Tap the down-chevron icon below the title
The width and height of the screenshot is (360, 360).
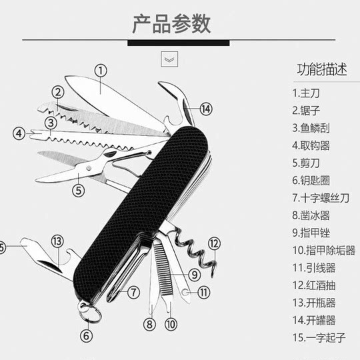tap(169, 59)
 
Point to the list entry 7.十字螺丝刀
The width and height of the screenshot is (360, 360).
tap(321, 198)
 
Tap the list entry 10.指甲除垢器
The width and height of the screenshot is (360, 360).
tap(323, 251)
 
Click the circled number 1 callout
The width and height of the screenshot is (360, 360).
tap(100, 69)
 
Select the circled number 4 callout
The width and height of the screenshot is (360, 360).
tap(19, 133)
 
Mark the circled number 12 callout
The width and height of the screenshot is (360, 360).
tap(213, 243)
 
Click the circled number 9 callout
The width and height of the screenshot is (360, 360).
tap(194, 273)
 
